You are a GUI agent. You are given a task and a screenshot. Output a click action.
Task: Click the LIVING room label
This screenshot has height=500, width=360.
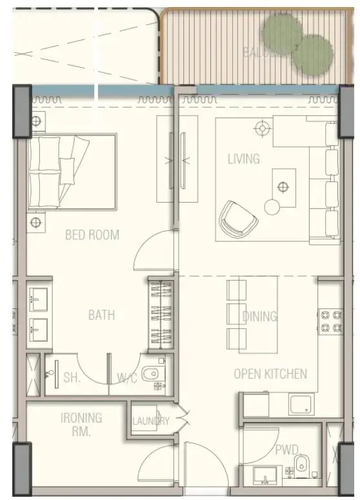[243, 159]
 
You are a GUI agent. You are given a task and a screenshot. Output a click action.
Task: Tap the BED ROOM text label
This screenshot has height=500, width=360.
[92, 235]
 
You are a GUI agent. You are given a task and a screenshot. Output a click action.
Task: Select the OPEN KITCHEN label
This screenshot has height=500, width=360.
[270, 374]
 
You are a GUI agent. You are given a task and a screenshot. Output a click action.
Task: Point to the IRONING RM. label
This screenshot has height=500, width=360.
[81, 425]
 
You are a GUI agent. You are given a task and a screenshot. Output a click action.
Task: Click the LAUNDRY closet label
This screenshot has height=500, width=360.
[150, 421]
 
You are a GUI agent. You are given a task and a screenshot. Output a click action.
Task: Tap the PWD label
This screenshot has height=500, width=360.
[286, 449]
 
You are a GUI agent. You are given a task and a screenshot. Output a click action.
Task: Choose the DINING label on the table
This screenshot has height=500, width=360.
[259, 317]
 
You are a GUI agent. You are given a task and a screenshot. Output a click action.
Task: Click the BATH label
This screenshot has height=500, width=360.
[101, 315]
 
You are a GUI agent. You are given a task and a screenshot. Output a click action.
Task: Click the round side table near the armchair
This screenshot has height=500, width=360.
[272, 207]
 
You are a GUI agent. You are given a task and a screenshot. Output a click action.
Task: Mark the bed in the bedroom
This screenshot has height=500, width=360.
[71, 172]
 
